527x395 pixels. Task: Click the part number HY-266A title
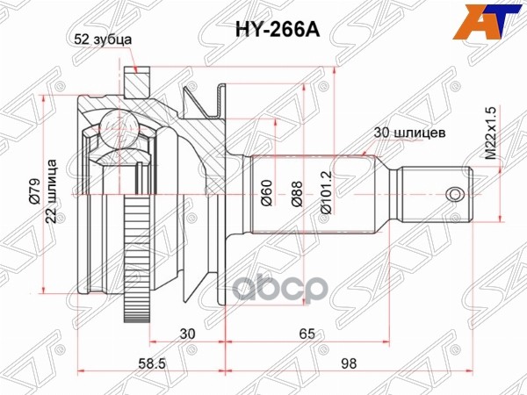coord(263,29)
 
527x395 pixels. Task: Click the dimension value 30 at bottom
coord(185,334)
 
